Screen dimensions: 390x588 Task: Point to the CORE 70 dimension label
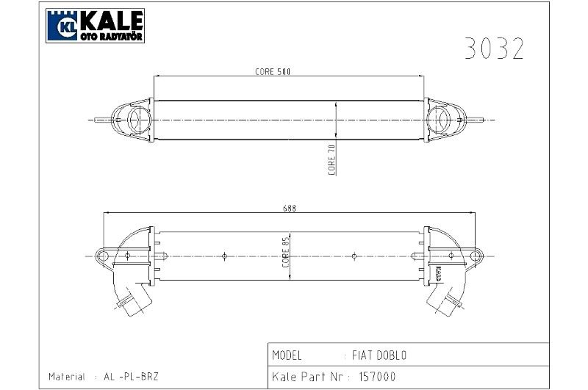coord(331,159)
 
